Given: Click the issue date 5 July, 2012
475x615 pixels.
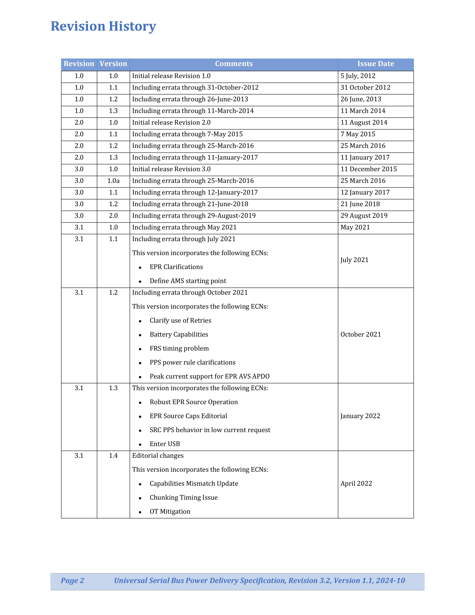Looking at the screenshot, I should point(358,76).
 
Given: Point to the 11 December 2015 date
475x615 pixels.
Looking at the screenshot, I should point(368,169).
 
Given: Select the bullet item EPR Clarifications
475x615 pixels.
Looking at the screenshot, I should point(176,267).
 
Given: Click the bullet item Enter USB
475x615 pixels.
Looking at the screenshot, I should point(165,444).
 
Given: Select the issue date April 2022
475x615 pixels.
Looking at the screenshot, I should point(356,484).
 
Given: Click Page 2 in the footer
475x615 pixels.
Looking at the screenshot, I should point(72,581).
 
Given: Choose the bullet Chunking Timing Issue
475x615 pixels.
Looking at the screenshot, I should point(184,498).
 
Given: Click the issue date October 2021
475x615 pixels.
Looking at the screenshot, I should point(360,335).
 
